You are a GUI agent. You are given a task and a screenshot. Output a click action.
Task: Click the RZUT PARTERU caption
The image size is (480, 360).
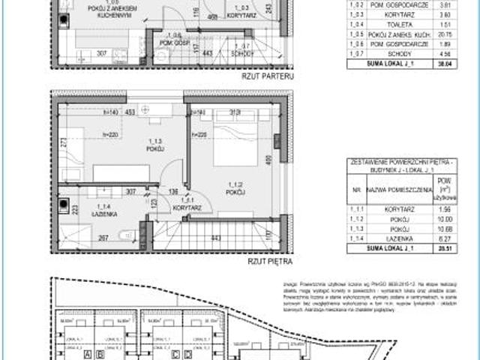(266, 76)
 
